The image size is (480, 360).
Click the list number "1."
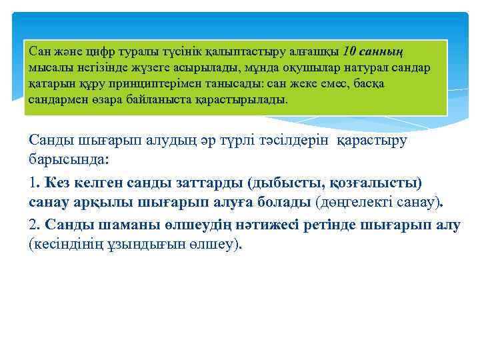click(x=35, y=182)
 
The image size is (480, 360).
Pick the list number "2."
click(x=35, y=225)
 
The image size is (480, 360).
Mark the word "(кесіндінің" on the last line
click(x=66, y=245)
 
